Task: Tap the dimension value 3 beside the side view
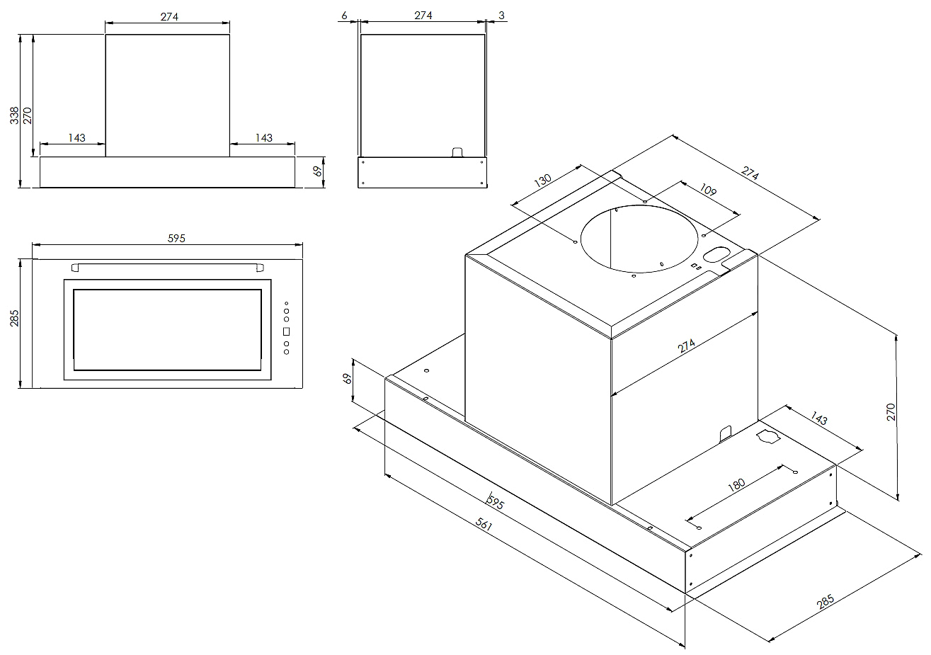click(501, 15)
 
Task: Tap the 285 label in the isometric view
click(825, 602)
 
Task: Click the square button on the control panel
click(287, 331)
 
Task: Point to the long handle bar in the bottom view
click(167, 267)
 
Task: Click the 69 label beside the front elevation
click(318, 171)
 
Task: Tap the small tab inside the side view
click(458, 152)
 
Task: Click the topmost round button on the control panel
click(287, 304)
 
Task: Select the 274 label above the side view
click(423, 15)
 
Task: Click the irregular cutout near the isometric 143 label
click(767, 436)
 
